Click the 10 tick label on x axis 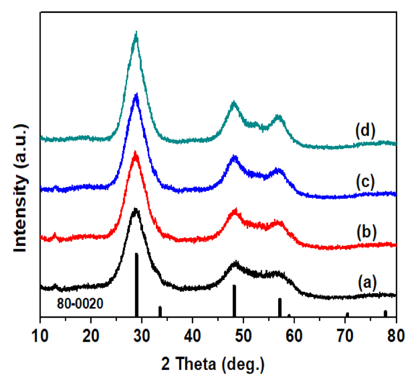point(40,333)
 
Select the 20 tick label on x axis point(91,333)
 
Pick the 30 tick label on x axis point(142,333)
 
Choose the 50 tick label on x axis point(244,333)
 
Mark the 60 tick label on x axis point(294,333)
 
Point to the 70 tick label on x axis point(345,333)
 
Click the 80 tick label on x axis point(395,333)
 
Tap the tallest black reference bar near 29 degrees point(137,285)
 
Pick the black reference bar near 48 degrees point(234,301)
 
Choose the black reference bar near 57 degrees point(280,307)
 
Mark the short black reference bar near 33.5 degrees point(160,311)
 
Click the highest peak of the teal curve point(136,35)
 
